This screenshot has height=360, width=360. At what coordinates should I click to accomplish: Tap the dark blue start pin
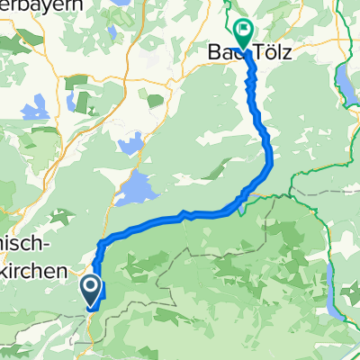coord(91,289)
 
